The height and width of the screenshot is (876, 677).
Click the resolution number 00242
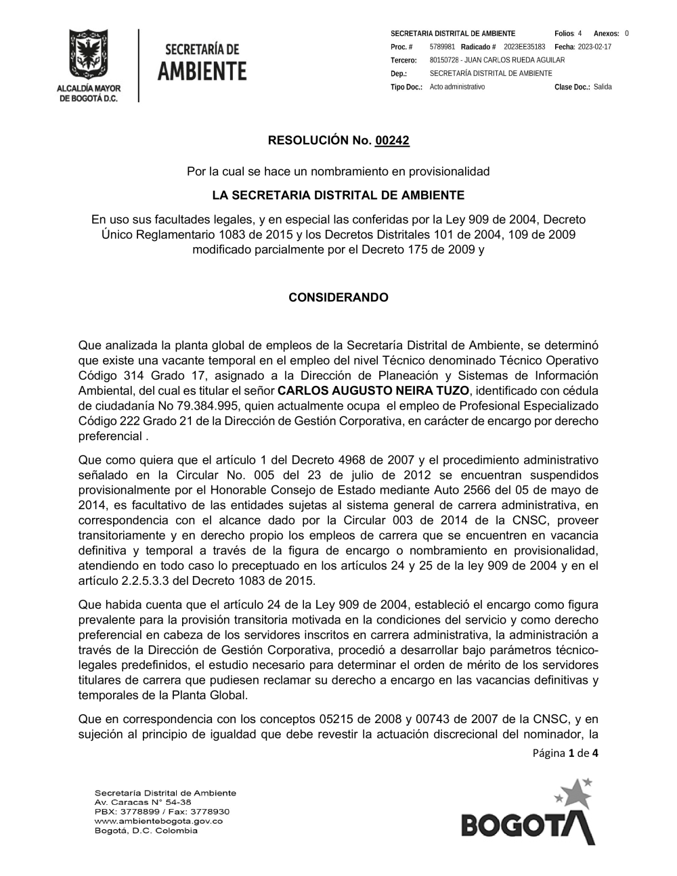392,141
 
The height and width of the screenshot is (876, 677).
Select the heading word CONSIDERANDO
338,298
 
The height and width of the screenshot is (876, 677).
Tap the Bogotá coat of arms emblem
88,56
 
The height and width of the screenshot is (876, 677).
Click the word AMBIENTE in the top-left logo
202,71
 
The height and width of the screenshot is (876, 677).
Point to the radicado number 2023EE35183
525,47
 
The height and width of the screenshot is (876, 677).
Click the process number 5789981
441,47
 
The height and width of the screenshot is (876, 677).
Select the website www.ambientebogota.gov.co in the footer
159,820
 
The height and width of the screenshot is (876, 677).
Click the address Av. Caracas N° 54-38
142,802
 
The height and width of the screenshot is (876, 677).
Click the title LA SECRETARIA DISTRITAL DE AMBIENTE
338,196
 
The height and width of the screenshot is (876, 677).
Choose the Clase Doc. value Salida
603,87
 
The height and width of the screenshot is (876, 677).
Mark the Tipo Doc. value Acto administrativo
457,87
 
